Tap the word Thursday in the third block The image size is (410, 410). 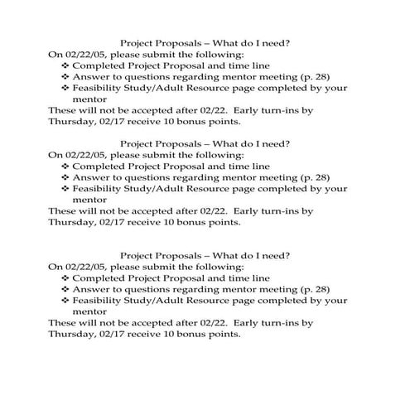[x=73, y=335]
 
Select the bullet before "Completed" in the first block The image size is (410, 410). [x=66, y=64]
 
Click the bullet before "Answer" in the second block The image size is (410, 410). [x=66, y=176]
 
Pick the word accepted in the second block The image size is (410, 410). [x=154, y=210]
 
